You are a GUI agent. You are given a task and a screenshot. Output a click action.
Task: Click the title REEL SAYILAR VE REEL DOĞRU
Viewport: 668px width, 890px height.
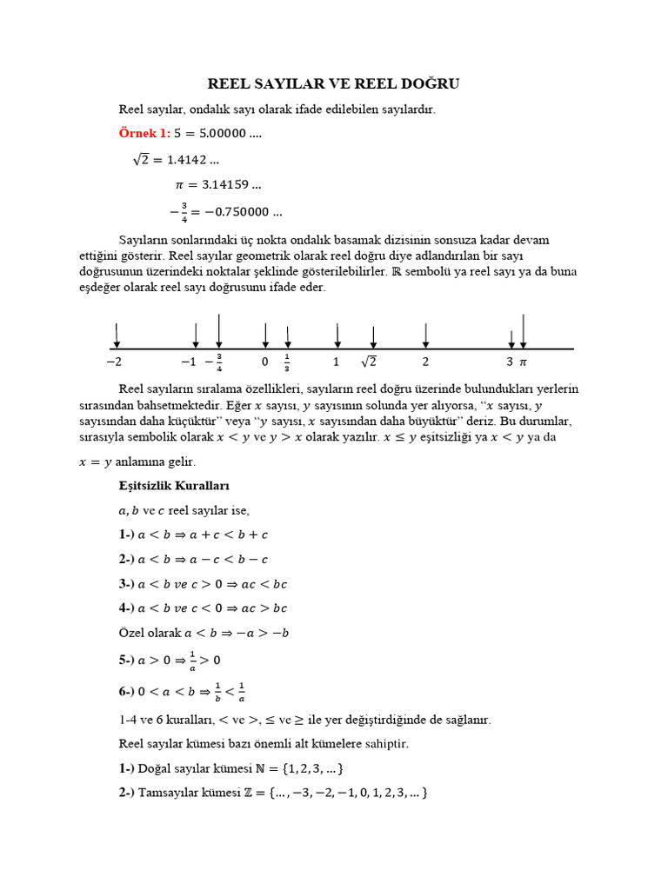point(333,83)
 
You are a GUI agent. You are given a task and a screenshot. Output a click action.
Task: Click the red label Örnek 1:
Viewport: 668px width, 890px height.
point(144,133)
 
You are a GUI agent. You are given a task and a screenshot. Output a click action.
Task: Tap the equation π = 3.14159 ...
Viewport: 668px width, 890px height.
point(218,184)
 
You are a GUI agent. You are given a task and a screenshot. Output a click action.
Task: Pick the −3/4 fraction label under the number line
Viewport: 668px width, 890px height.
point(215,362)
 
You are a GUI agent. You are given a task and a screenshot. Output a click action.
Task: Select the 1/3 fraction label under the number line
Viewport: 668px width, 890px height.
point(287,362)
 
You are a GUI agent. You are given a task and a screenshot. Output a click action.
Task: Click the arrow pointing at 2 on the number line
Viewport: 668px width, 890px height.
point(425,335)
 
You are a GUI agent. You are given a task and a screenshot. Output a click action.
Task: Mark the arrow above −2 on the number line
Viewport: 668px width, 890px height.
point(117,335)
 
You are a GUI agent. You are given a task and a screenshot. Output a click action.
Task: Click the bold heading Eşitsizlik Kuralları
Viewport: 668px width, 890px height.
point(174,484)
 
